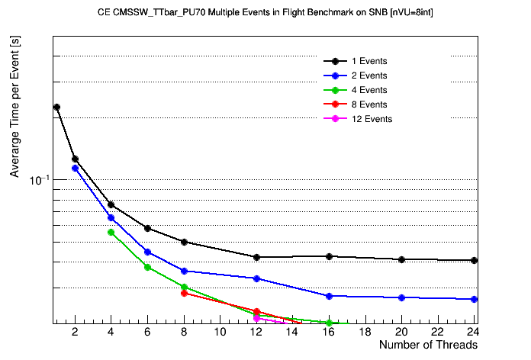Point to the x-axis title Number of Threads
(428, 345)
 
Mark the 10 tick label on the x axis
(220, 332)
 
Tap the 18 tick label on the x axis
(365, 332)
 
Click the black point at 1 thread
(56, 108)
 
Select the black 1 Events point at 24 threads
(475, 260)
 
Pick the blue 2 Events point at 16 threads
(329, 296)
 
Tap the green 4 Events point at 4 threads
(111, 232)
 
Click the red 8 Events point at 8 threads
(184, 293)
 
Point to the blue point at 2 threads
(75, 168)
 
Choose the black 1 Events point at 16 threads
(329, 256)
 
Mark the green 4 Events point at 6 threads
(147, 267)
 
